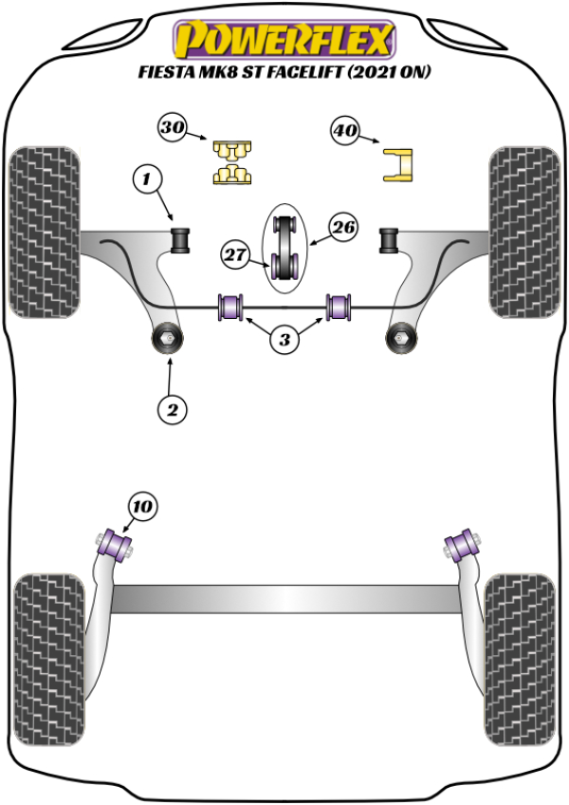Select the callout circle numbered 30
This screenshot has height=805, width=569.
coord(173,127)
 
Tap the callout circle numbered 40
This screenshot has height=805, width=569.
coord(346,130)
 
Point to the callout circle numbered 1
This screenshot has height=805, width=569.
coord(147,177)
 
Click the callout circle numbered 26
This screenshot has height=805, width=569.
coord(343,227)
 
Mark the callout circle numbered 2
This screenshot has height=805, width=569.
coord(172,409)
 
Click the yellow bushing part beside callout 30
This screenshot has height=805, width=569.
coord(232,160)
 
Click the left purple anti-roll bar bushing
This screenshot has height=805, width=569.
coord(232,308)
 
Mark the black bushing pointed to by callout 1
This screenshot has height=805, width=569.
coord(179,239)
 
